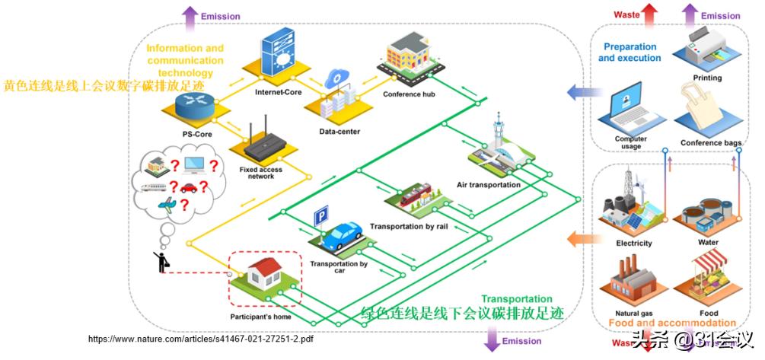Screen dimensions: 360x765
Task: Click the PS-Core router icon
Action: pyautogui.click(x=193, y=107)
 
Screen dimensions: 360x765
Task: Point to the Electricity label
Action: pyautogui.click(x=633, y=244)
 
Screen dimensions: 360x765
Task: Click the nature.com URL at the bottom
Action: pyautogui.click(x=200, y=339)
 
